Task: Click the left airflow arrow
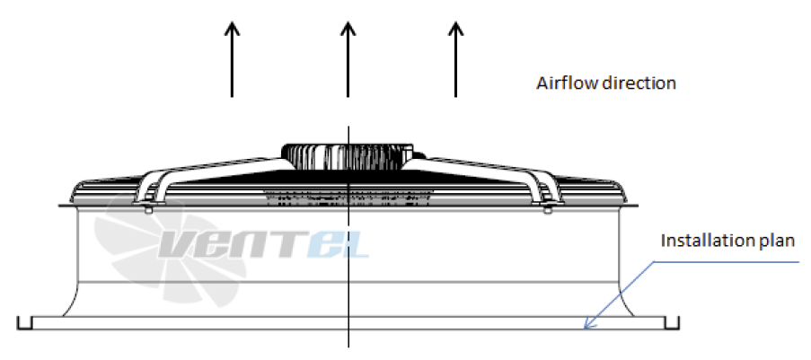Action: (x=232, y=59)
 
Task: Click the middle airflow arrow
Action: (x=348, y=59)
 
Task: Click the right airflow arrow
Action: (x=455, y=59)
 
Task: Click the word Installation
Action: (x=707, y=241)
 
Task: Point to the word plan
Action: (x=776, y=241)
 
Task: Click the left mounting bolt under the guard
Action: (x=148, y=208)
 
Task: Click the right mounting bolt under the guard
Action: (x=548, y=208)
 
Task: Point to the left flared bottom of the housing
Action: (x=71, y=299)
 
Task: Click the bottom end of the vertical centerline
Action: (x=348, y=346)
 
